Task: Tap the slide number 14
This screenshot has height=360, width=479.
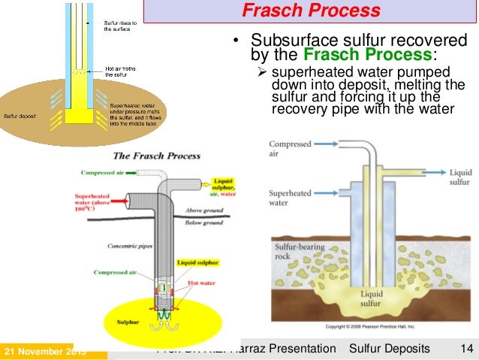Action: (465, 349)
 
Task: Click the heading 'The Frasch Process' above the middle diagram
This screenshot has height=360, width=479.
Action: (156, 156)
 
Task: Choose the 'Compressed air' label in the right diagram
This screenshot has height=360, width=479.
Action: (290, 147)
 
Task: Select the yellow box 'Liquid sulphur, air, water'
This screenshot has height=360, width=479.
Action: (224, 186)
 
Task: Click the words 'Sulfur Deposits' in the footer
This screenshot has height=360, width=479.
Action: (390, 349)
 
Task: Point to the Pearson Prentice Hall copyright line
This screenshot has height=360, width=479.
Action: (369, 328)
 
